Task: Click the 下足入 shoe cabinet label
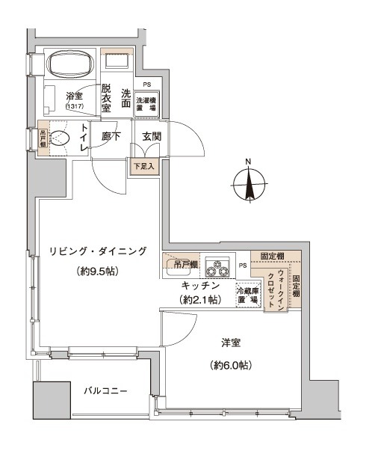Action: (x=143, y=167)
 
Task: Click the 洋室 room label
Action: (x=229, y=343)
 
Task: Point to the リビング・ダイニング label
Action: (x=97, y=251)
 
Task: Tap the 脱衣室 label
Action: (x=107, y=97)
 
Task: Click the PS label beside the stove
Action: (x=242, y=266)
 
